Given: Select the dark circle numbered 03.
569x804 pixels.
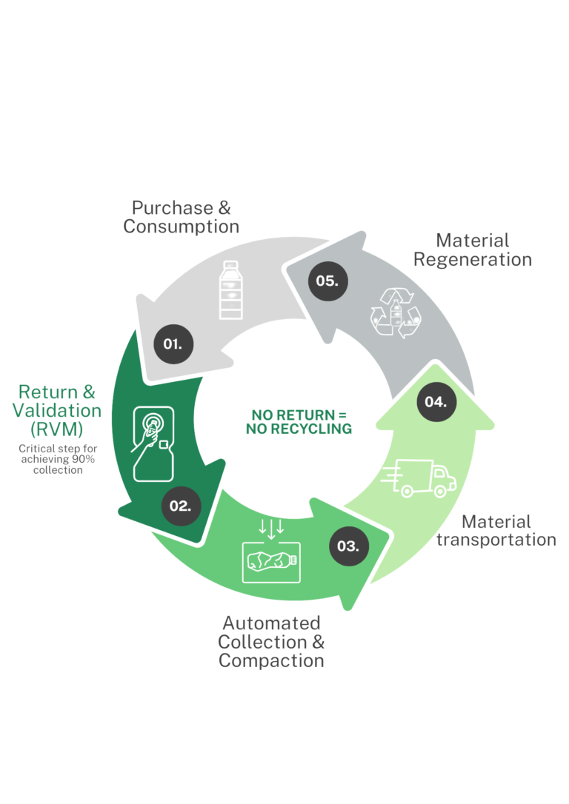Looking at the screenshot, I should point(348,546).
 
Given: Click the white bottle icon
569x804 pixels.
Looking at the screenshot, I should point(233,290).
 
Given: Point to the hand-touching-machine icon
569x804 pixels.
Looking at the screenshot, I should point(154,441).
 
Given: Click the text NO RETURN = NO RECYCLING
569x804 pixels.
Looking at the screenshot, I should point(299,421).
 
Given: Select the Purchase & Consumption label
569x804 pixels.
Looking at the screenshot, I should point(182,217).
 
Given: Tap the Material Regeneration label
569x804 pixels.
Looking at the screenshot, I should point(472,250).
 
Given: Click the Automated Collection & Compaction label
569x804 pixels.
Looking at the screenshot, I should point(271,641).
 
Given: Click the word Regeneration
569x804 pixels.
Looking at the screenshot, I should point(472,260).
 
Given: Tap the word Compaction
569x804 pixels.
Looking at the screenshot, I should point(271,660).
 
